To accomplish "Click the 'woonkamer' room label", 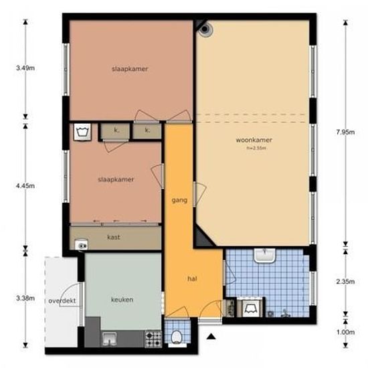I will click(254, 141).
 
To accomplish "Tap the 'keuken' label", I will click(122, 299).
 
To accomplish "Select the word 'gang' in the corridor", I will click(178, 199).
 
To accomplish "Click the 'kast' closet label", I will click(114, 237).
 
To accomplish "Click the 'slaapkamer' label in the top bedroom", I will click(130, 69).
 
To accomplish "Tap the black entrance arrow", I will click(211, 338).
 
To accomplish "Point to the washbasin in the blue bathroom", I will click(266, 255).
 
